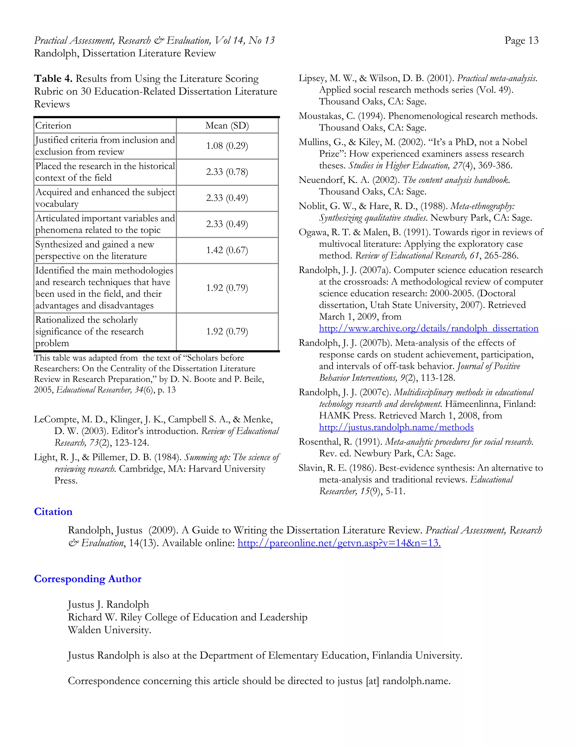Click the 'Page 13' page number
521,41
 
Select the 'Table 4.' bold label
53,79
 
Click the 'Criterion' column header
53,125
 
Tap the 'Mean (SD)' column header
227,125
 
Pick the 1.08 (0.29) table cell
227,146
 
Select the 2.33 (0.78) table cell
227,172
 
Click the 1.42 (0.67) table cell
227,250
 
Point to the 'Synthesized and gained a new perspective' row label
94,250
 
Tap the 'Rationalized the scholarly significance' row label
90,331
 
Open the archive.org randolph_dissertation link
428,328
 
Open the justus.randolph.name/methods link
396,427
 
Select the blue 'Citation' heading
53,512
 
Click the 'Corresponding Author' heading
88,579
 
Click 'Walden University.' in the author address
109,630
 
